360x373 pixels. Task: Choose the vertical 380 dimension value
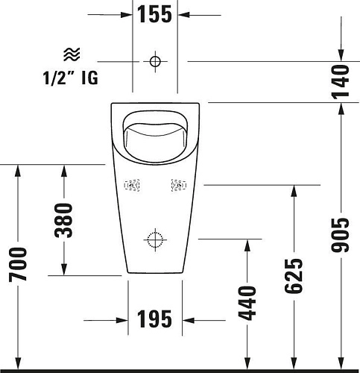pos(65,221)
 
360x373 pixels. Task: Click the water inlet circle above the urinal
pos(155,60)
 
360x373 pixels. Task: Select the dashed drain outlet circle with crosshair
pos(155,239)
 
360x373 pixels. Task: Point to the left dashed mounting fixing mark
pos(133,185)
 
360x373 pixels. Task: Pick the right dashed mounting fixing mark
pos(178,185)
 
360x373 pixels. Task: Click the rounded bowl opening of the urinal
pos(155,134)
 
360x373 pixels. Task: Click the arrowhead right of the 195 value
pos(189,320)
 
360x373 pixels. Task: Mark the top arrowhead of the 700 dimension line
pos(19,169)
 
